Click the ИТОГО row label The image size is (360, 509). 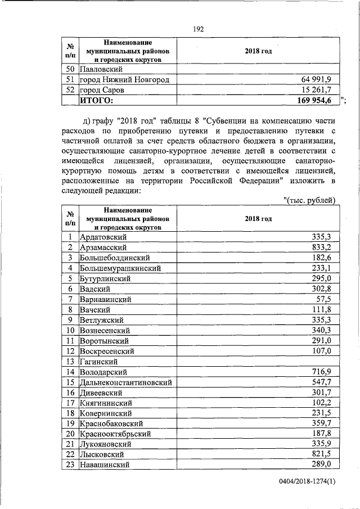(x=96, y=100)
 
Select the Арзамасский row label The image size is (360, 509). (x=103, y=247)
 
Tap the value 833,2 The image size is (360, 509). (x=322, y=247)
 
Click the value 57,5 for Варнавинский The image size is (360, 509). (x=324, y=299)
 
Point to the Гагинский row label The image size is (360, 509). (x=99, y=361)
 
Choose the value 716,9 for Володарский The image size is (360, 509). (x=322, y=371)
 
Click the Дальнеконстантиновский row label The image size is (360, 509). (x=125, y=382)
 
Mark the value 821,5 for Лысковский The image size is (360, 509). (x=322, y=454)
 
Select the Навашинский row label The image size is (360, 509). (x=105, y=465)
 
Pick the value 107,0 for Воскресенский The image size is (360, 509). (x=322, y=350)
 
